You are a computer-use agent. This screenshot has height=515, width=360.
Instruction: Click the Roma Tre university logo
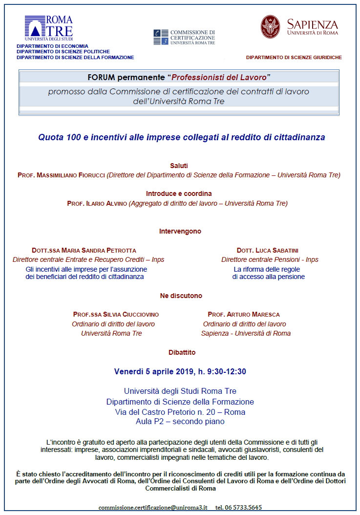coord(49,28)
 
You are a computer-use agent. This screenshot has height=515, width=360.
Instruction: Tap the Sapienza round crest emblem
coord(270,26)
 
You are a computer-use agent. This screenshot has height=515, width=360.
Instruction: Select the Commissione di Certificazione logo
coord(184,37)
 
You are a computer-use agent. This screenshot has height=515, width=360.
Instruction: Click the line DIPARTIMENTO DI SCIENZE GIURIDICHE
coord(294,57)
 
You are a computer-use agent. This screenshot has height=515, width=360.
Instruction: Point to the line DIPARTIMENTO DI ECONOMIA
coord(45,46)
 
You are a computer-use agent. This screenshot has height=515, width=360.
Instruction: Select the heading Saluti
coord(179,166)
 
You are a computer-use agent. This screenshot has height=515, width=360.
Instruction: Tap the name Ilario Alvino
coord(105,203)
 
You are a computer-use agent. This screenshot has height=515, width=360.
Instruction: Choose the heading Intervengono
coord(180,231)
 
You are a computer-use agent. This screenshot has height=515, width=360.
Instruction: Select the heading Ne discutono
coord(181,296)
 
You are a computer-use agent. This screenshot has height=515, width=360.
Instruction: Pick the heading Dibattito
coord(180,352)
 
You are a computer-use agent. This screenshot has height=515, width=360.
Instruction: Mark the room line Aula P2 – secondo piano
coord(180,421)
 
